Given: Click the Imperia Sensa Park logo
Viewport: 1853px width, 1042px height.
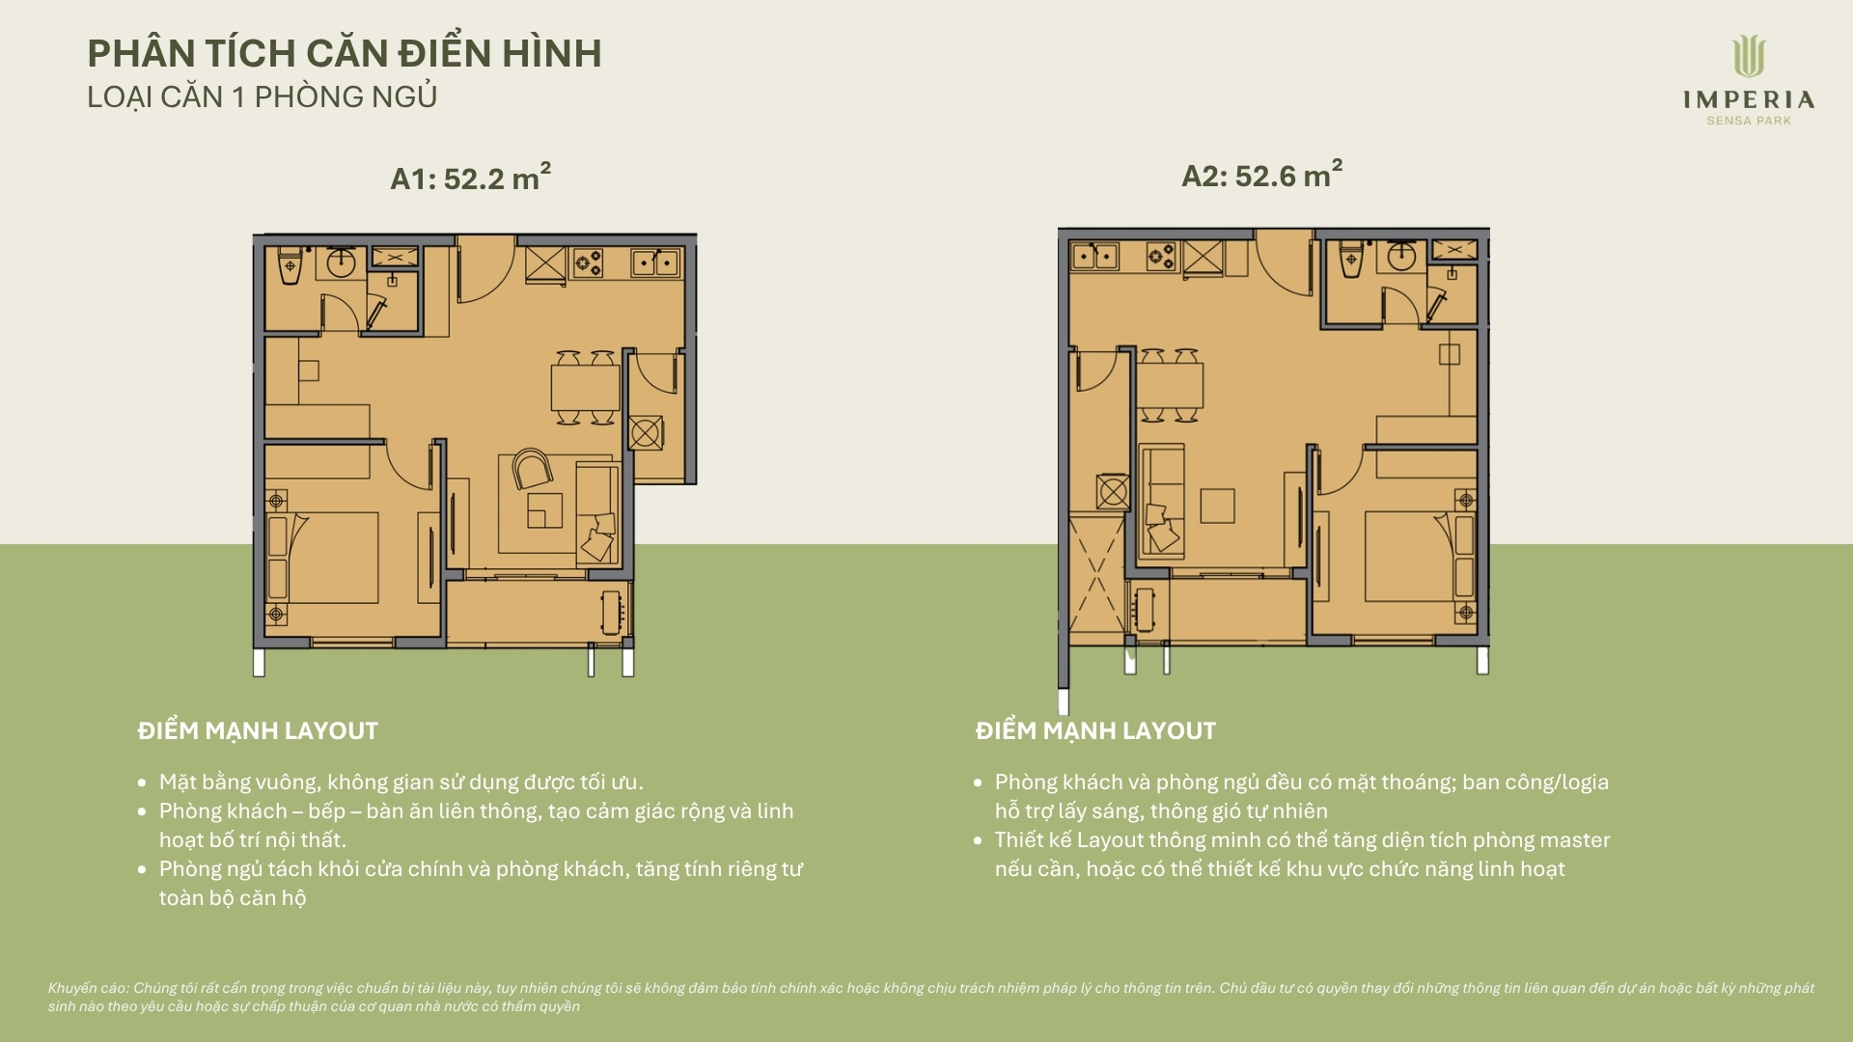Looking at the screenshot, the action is point(1749,80).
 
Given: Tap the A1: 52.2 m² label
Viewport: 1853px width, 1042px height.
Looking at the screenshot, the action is point(470,178).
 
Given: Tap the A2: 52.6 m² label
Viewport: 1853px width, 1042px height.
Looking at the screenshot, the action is point(1262,175).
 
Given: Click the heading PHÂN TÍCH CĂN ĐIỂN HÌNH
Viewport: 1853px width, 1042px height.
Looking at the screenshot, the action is point(345,53).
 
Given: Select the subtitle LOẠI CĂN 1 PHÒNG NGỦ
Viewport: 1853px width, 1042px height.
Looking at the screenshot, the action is point(263,97).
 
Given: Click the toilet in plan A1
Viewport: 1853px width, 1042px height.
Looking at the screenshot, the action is point(290,265).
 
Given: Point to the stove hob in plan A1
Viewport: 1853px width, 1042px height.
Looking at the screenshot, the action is point(588,261).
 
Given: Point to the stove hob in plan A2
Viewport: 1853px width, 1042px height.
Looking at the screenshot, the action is point(1161,256).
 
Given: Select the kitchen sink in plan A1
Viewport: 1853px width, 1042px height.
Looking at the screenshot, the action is point(655,261).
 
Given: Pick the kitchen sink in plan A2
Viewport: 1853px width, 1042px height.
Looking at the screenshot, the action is point(1094,256).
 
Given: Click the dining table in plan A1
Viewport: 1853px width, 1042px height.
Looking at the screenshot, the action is point(586,387).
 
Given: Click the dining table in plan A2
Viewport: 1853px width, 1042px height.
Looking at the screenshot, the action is point(1170,386).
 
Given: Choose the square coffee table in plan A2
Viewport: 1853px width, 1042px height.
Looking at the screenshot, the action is point(1217,506).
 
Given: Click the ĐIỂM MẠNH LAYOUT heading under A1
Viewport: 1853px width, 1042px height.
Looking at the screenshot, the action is point(258,731).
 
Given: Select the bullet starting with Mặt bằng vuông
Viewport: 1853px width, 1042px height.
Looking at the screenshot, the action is point(401,781).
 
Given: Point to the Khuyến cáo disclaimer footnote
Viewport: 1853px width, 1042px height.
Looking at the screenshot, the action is point(931,997).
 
